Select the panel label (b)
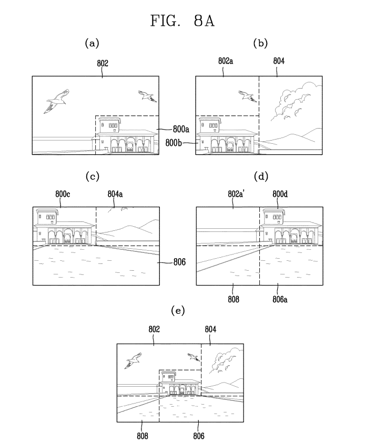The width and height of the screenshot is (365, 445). tap(260, 44)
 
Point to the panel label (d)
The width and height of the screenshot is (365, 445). tap(260, 176)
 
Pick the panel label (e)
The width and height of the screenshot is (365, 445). tap(179, 311)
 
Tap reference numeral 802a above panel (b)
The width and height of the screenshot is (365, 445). tap(226, 61)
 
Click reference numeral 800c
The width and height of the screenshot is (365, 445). tap(63, 194)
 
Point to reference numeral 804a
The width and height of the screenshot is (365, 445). tap(115, 194)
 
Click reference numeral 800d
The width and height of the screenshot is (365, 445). tap(278, 194)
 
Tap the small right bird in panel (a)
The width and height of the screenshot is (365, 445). tap(147, 95)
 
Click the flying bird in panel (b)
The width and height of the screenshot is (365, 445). tap(246, 95)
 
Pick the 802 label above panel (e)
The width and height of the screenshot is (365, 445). tap(154, 329)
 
